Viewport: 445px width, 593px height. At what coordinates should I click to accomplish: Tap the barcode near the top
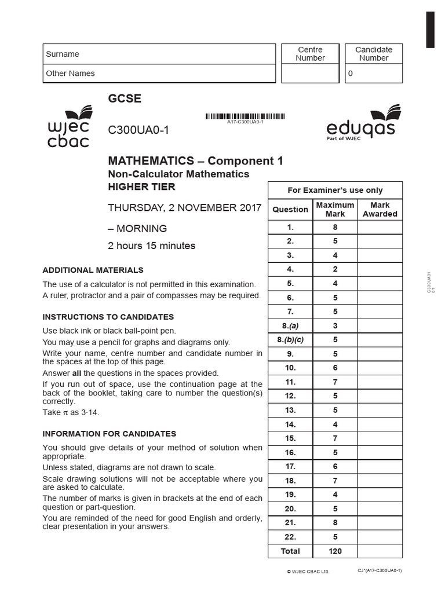pyautogui.click(x=245, y=116)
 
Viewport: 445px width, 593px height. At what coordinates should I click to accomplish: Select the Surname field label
pyautogui.click(x=63, y=54)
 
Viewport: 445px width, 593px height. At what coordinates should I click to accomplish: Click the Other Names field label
pyautogui.click(x=70, y=74)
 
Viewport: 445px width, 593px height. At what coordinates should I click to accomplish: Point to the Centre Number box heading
pyautogui.click(x=310, y=54)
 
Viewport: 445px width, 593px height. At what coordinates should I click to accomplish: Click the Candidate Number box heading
pyautogui.click(x=374, y=54)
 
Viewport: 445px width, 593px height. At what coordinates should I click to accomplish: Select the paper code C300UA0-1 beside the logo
pyautogui.click(x=138, y=130)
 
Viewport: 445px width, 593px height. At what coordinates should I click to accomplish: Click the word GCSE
pyautogui.click(x=125, y=98)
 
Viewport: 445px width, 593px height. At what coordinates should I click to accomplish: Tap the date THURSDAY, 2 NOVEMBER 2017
pyautogui.click(x=185, y=208)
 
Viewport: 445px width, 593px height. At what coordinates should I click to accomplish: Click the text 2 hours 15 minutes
pyautogui.click(x=152, y=246)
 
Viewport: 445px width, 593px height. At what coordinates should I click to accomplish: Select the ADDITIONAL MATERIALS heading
pyautogui.click(x=93, y=270)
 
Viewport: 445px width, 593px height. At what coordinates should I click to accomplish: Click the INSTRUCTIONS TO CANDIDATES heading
pyautogui.click(x=108, y=317)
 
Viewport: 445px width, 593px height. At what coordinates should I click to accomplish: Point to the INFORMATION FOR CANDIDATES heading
pyautogui.click(x=110, y=434)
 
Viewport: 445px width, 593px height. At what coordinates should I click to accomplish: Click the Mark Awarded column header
pyautogui.click(x=380, y=210)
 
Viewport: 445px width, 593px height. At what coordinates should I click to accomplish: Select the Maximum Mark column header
pyautogui.click(x=335, y=210)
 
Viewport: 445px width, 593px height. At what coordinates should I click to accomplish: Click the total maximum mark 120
pyautogui.click(x=335, y=551)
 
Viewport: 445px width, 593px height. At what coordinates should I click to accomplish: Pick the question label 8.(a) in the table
pyautogui.click(x=290, y=326)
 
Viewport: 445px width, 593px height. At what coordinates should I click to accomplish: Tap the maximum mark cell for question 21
pyautogui.click(x=335, y=523)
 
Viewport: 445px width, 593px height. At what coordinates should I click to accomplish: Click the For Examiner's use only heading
pyautogui.click(x=335, y=190)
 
